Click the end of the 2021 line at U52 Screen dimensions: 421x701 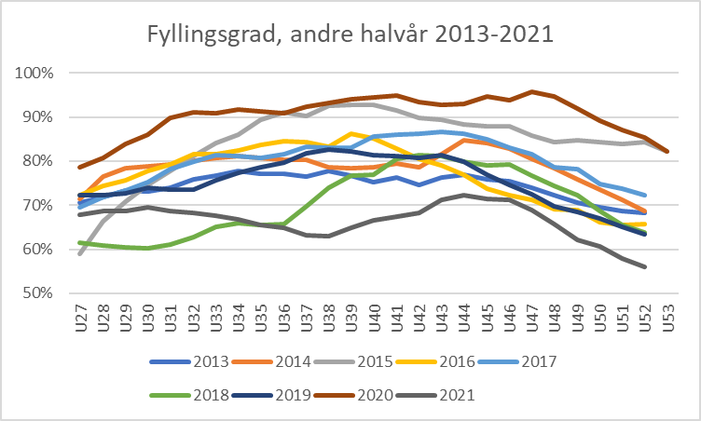click(644, 266)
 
